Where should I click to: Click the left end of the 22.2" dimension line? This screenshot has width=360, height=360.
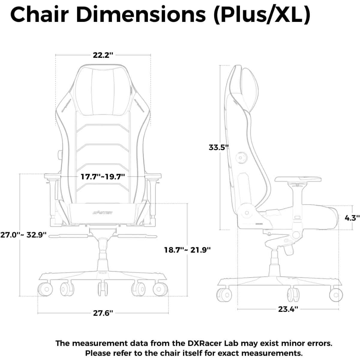pos(55,55)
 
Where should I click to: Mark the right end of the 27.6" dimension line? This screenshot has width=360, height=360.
pos(168,313)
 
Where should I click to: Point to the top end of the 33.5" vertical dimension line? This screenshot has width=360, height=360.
pos(220,65)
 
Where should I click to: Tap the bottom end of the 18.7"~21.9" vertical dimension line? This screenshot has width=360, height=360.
pos(187,296)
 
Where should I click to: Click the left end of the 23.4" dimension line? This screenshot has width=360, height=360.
pos(238,309)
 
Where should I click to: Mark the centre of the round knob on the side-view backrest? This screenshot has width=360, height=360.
pos(240,158)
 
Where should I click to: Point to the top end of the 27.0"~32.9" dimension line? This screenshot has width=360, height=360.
pos(20,174)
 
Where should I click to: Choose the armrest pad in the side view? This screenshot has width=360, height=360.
pos(298,179)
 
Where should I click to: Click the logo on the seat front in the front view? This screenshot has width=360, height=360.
pos(103,213)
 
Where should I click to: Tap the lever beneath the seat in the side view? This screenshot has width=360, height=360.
pos(288,250)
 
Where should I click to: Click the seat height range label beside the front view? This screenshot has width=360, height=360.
pos(187,250)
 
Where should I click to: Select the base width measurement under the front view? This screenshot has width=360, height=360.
pos(103,313)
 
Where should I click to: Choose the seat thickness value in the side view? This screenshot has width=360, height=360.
pos(352,217)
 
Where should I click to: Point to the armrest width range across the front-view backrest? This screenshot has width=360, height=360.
pos(103,176)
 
